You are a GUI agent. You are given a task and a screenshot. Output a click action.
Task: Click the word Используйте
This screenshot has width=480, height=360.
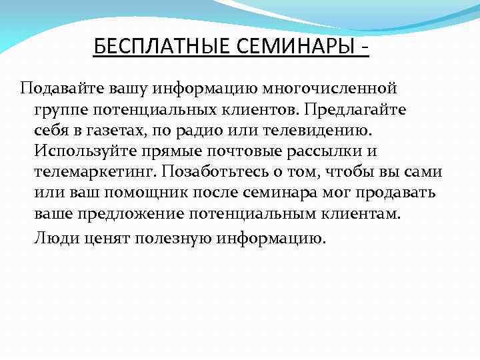[81, 150]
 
